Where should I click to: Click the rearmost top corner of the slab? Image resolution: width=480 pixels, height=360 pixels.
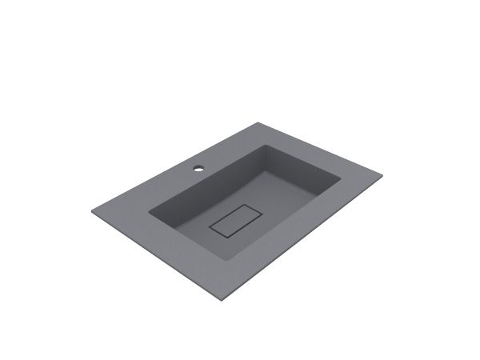click(x=260, y=122)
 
